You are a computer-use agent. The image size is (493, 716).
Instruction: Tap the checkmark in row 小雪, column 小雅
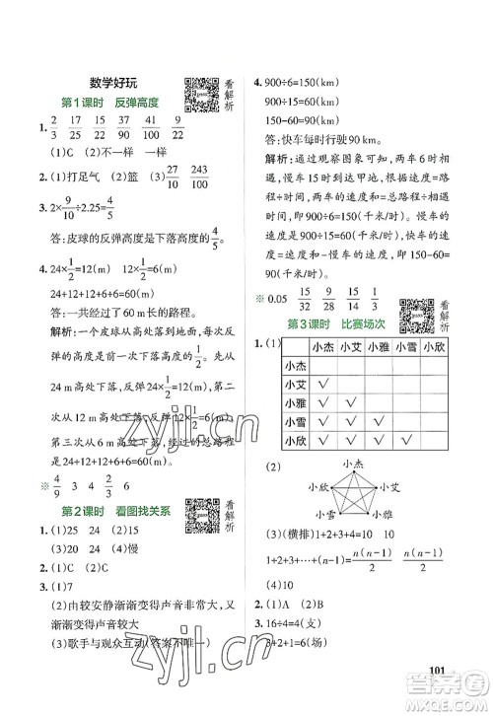click(380, 421)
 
